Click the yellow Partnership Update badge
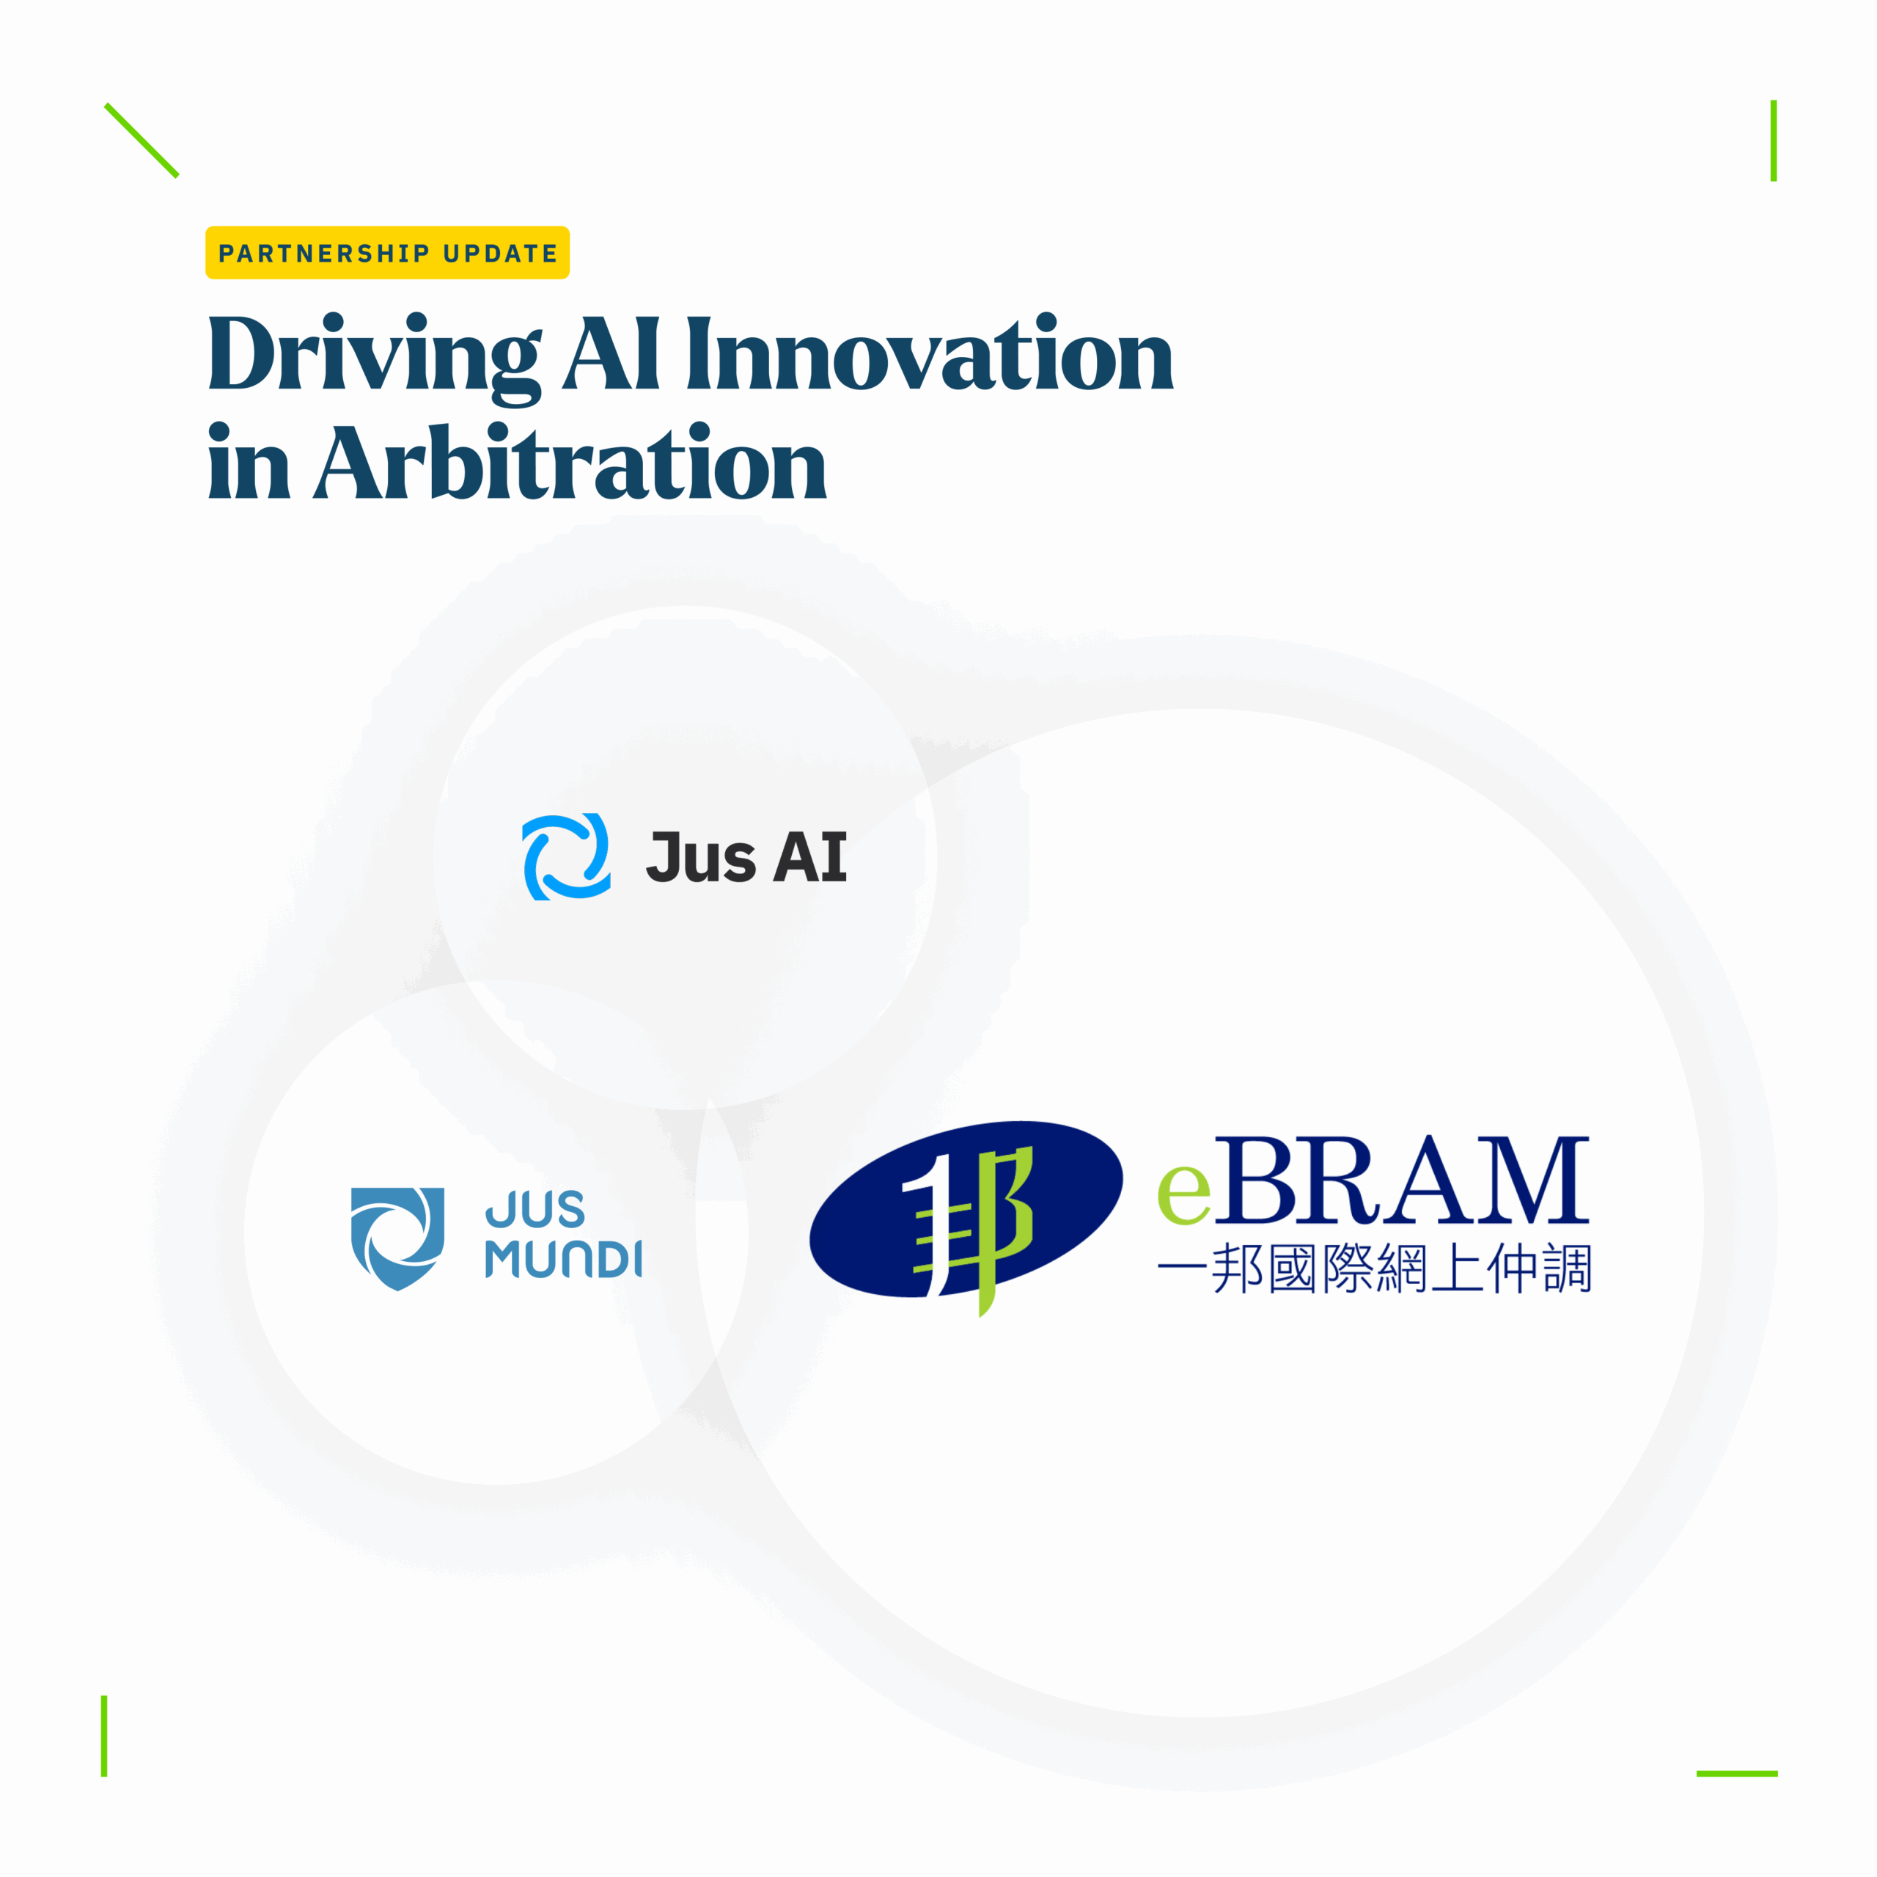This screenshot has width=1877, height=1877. point(386,253)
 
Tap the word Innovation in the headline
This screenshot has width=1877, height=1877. point(930,353)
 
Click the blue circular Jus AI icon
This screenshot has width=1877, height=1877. point(567,857)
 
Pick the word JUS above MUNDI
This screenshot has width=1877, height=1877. point(535,1210)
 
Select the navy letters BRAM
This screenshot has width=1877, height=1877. point(1402,1180)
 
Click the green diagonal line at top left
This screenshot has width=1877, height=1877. point(142,140)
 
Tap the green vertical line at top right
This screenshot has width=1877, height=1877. point(1773,141)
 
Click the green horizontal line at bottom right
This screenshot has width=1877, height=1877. point(1737,1773)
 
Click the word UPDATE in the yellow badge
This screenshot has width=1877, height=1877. point(500,254)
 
